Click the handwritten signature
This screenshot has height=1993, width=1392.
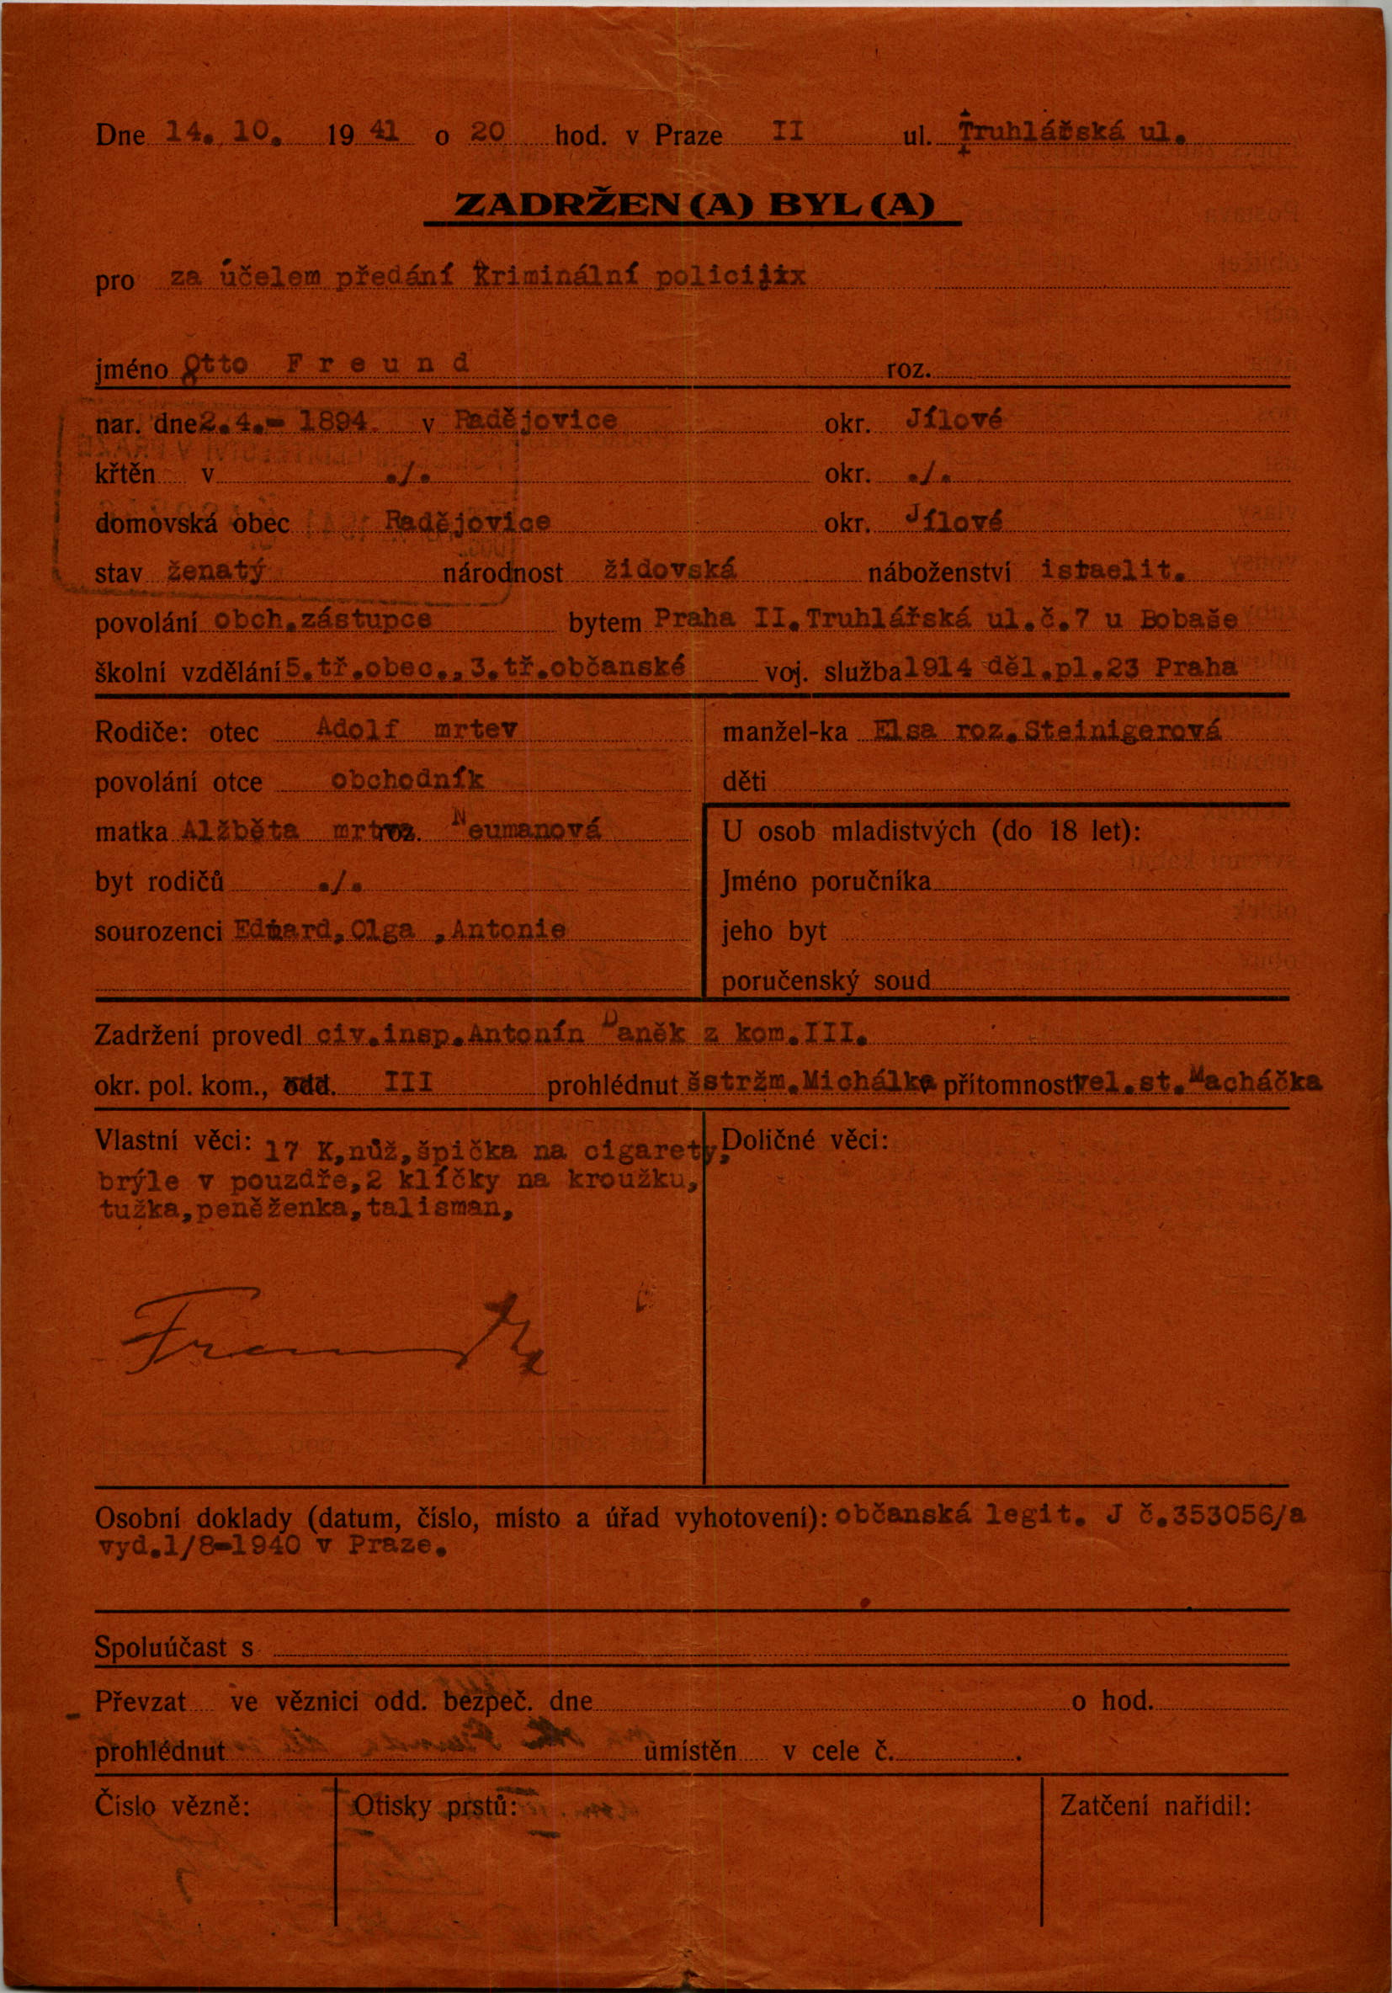330,1342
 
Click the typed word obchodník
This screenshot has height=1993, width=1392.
408,780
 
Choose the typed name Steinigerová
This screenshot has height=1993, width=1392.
1122,731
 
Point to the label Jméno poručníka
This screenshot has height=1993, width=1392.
826,882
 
